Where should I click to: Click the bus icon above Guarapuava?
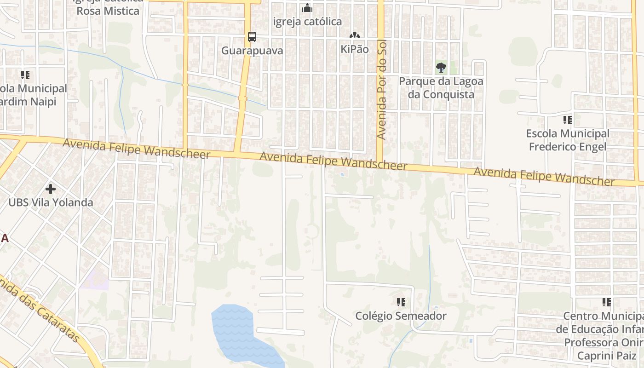point(252,37)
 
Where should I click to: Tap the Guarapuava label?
point(252,51)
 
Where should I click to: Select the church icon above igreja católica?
point(307,8)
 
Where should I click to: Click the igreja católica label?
point(307,22)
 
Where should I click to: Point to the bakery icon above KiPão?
point(354,35)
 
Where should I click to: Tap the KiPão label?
point(355,49)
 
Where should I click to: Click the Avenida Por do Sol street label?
point(381,90)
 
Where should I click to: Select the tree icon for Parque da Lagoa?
point(441,68)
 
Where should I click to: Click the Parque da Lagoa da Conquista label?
point(441,88)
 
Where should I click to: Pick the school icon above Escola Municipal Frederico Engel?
point(568,120)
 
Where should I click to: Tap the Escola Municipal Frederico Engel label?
point(568,140)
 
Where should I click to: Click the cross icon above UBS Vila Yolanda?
point(51,189)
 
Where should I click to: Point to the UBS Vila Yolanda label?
point(51,202)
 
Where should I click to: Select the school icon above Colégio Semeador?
point(401,302)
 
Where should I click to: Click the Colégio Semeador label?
point(401,316)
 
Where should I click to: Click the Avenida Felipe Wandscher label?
point(544,177)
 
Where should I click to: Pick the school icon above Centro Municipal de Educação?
point(607,302)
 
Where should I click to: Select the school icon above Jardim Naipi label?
point(25,75)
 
